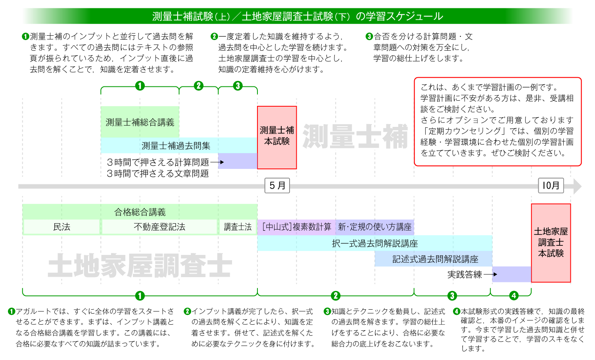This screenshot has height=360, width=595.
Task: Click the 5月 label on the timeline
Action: click(277, 186)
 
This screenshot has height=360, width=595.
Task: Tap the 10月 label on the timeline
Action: click(551, 186)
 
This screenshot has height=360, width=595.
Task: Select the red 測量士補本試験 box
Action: click(277, 137)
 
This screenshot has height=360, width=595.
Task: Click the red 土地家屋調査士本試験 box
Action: click(551, 243)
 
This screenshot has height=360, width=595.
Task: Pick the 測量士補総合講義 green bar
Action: click(140, 122)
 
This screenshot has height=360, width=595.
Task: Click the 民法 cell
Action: click(61, 227)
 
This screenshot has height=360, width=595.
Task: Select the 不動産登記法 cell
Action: click(159, 227)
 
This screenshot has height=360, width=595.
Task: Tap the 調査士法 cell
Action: click(238, 227)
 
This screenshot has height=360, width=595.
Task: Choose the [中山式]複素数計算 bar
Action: click(297, 227)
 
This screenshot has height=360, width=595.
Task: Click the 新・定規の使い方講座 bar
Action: click(375, 227)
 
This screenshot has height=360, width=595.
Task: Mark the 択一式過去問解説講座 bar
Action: click(375, 243)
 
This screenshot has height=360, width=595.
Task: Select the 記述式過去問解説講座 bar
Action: click(435, 259)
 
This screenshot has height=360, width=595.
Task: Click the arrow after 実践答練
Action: click(490, 274)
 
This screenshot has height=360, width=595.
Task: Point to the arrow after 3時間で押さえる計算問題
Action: click(217, 162)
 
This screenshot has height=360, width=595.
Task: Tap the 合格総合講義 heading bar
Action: click(140, 212)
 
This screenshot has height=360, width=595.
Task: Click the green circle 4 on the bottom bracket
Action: click(514, 296)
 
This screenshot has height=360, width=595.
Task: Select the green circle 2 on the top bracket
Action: click(199, 86)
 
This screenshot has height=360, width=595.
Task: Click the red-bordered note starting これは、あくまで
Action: click(497, 121)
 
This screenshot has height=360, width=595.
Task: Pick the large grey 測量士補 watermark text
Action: click(355, 137)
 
